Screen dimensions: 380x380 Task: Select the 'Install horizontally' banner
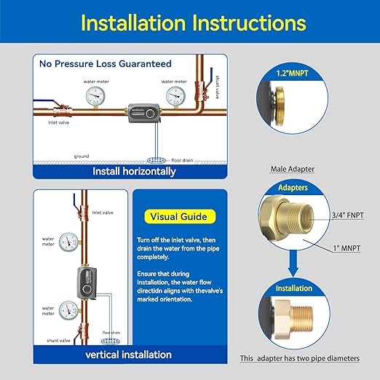tap(134, 172)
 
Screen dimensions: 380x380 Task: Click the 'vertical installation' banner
tap(129, 355)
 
